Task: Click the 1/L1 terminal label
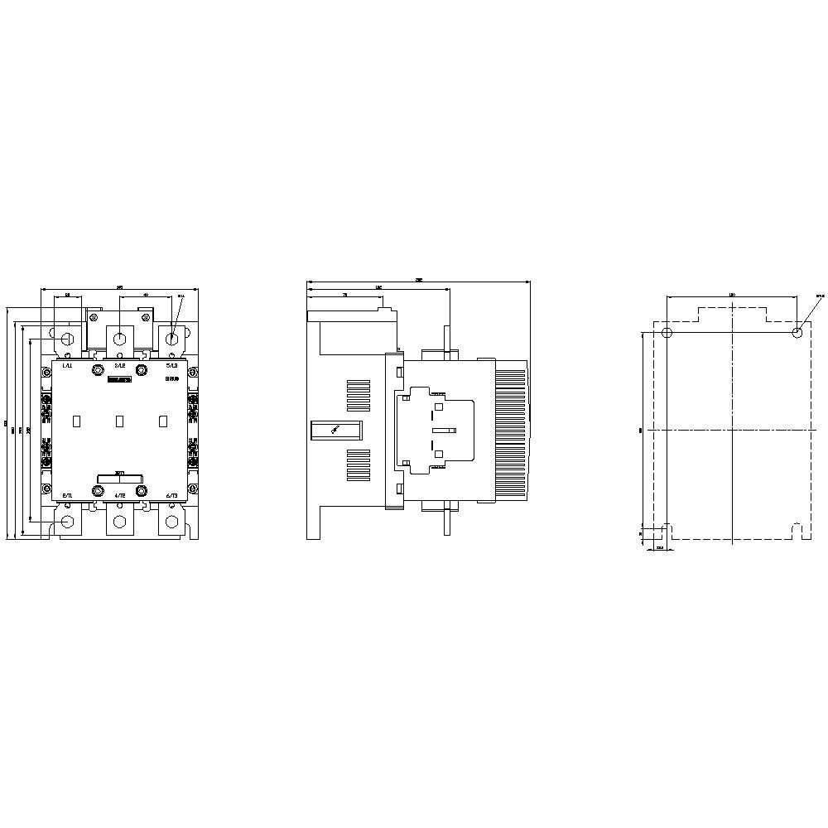pyautogui.click(x=67, y=365)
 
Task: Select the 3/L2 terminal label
pyautogui.click(x=119, y=365)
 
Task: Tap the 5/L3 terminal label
pyautogui.click(x=171, y=365)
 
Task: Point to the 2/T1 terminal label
pyautogui.click(x=67, y=494)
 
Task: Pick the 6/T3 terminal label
pyautogui.click(x=171, y=494)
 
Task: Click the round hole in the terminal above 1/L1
pyautogui.click(x=68, y=339)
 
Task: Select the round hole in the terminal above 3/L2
pyautogui.click(x=120, y=339)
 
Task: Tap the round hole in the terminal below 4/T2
pyautogui.click(x=120, y=522)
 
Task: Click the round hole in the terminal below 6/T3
pyautogui.click(x=172, y=522)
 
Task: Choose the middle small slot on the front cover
pyautogui.click(x=119, y=421)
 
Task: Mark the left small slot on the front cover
pyautogui.click(x=76, y=421)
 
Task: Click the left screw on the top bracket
pyautogui.click(x=95, y=316)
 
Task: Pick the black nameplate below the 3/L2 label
pyautogui.click(x=119, y=379)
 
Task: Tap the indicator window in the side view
pyautogui.click(x=336, y=430)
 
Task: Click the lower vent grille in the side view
pyautogui.click(x=358, y=464)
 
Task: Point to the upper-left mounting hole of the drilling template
pyautogui.click(x=668, y=333)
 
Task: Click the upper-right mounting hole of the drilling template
pyautogui.click(x=797, y=333)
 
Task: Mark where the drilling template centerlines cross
pyautogui.click(x=734, y=431)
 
